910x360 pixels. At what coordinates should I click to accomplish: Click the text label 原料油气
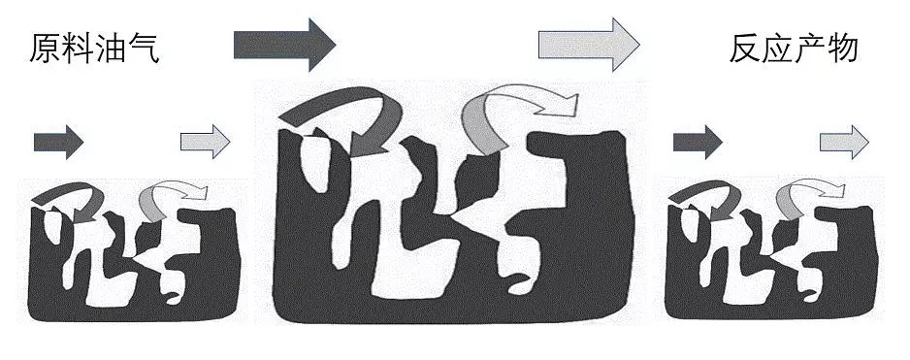(94, 49)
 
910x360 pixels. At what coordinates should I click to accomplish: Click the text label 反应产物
(794, 48)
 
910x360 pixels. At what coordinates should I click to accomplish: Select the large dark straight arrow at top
(284, 45)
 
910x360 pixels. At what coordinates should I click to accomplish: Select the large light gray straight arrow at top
(589, 45)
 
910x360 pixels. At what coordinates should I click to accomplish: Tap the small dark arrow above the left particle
(58, 142)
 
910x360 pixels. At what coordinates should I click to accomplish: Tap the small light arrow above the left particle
(205, 142)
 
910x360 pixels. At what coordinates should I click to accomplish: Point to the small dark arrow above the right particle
(698, 142)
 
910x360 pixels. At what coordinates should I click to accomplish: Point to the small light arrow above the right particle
(844, 142)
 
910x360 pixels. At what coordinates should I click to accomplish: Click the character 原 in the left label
(45, 49)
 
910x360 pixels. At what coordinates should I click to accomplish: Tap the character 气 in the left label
(144, 49)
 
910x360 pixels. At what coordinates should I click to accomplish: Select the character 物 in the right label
(843, 48)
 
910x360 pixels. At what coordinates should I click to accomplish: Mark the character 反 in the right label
(745, 48)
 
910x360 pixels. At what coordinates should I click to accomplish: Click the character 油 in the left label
(111, 49)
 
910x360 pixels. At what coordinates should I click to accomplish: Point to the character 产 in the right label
(811, 48)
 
